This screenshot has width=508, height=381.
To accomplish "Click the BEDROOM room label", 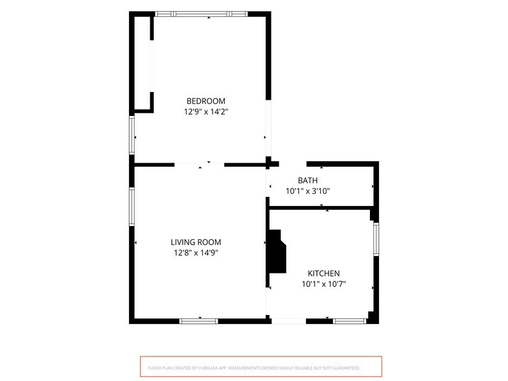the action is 206,101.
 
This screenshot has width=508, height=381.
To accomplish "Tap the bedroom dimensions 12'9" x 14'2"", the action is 206,111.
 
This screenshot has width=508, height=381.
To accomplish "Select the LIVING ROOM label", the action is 196,242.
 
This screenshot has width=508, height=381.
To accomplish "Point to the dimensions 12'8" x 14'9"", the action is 196,253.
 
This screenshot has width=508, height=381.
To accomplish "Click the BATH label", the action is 307,180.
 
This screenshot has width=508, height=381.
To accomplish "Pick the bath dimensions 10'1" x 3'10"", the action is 307,191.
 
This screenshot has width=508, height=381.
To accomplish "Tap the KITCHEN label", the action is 324,273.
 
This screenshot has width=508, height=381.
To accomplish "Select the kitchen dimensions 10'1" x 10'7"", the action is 324,284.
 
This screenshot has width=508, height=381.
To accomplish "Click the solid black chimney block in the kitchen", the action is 277,251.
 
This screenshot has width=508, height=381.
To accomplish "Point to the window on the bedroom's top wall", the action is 201,14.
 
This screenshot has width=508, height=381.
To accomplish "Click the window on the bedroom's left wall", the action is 132,135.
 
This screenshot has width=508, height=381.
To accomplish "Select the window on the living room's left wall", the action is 132,206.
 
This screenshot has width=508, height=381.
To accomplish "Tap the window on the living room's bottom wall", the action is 199,321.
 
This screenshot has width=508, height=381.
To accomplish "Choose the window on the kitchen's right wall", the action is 376,238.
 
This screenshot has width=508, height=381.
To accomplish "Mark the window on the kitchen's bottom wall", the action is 350,321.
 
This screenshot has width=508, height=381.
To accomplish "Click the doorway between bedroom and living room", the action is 200,165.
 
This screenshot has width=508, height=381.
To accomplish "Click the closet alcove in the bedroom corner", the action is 143,63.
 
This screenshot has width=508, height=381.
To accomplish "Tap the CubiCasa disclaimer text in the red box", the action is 254,368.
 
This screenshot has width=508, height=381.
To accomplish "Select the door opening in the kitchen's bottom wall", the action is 289,321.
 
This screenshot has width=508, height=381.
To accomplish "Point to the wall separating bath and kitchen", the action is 320,207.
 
